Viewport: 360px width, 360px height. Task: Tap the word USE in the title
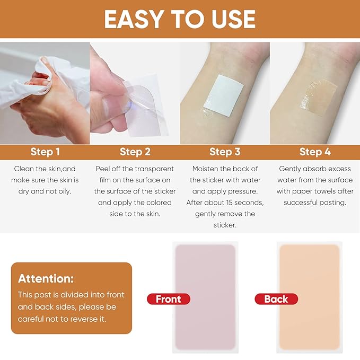click(233, 19)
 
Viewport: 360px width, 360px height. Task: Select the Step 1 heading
click(45, 152)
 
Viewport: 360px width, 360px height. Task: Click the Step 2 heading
click(135, 152)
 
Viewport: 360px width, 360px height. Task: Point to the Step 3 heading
click(225, 152)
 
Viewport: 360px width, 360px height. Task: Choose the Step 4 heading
click(315, 152)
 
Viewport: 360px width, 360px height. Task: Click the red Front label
click(169, 299)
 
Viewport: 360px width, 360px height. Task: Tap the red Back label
click(276, 299)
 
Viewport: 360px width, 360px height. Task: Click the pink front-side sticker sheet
click(205, 297)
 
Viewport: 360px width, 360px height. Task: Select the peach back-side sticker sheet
click(310, 297)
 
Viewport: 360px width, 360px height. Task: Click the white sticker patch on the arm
click(223, 95)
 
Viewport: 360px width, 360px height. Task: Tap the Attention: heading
click(46, 278)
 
